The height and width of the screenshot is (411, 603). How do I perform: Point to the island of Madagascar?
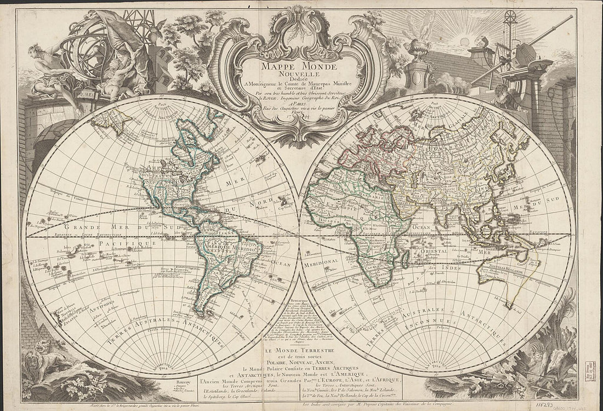click(x=406, y=258)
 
